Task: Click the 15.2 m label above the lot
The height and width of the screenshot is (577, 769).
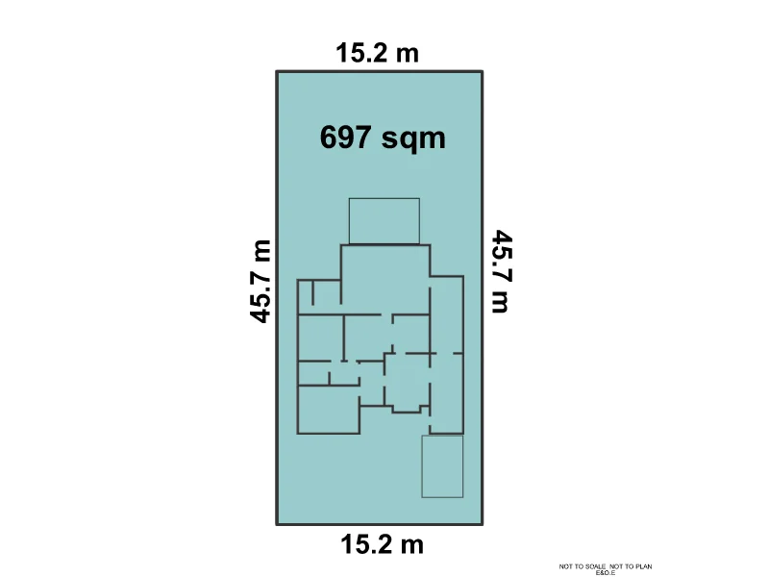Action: point(378,52)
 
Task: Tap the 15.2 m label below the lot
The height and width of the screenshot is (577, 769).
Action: point(382,545)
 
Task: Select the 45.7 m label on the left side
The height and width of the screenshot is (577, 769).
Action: point(260,280)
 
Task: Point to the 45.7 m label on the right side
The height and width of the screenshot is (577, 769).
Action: point(500,271)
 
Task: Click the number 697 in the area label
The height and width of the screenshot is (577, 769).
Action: point(346,138)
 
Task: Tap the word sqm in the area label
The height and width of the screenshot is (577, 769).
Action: point(414,138)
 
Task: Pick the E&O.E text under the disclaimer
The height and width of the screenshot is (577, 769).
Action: point(606,573)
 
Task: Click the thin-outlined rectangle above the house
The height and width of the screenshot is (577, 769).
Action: point(384,221)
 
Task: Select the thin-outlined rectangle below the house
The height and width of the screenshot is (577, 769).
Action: point(442,466)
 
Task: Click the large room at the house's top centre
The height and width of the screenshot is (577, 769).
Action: point(384,279)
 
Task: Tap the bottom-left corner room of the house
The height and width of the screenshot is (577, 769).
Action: point(328,410)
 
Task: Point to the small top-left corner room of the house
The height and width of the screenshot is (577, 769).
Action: point(305,293)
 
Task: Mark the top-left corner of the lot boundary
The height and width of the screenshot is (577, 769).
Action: point(278,72)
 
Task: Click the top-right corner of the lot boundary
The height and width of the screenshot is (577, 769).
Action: point(482,72)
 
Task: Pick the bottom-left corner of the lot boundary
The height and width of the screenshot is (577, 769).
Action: point(278,524)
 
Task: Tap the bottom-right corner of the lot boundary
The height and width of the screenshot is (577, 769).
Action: point(482,524)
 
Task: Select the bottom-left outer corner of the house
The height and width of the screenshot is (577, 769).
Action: point(298,434)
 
